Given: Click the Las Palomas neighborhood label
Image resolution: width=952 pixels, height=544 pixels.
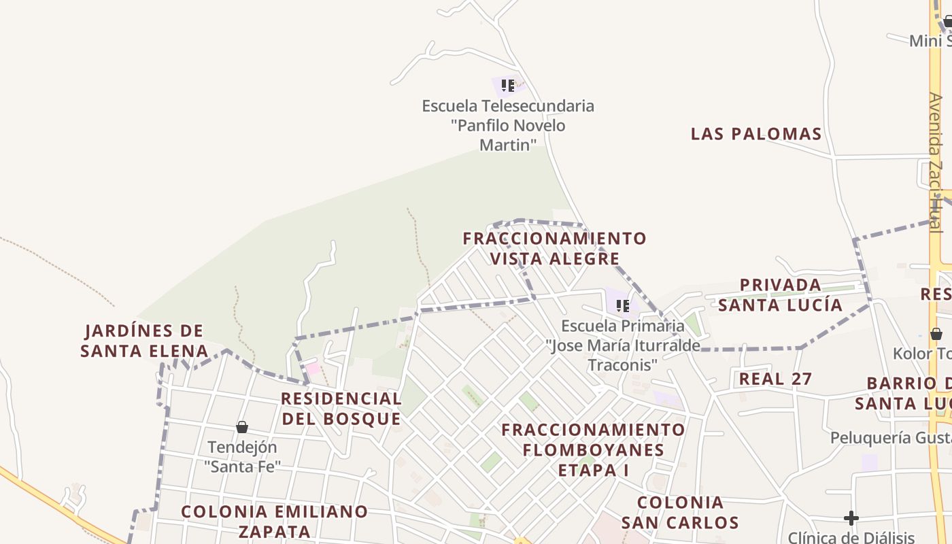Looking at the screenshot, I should [x=756, y=134].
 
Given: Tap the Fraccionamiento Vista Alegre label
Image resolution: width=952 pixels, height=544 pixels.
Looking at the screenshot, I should [x=554, y=248].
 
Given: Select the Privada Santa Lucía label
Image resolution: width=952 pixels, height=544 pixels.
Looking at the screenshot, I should [x=781, y=294].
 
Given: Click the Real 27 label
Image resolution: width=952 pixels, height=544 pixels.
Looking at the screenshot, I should [x=775, y=379].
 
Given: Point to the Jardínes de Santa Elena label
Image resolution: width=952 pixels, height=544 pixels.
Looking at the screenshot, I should [x=144, y=341].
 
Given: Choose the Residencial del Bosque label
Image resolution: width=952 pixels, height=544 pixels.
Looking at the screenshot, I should [x=341, y=408].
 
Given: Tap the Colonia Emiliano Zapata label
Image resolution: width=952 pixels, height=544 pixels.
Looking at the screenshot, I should [x=275, y=521].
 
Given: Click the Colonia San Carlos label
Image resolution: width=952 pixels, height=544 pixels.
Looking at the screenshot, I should [x=680, y=512].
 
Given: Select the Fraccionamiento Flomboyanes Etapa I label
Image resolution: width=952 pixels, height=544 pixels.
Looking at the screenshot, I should [x=593, y=449].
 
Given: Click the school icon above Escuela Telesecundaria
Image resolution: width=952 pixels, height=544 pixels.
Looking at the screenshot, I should [x=507, y=86].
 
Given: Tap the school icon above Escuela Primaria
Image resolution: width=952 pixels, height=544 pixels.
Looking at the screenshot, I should [x=622, y=306].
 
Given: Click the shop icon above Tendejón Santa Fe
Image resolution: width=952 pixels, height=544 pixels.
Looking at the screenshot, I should [x=241, y=427].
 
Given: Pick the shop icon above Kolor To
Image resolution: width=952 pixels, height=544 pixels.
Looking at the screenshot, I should [x=936, y=334].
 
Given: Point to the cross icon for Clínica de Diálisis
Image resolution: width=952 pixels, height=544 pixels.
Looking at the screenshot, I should [x=851, y=518].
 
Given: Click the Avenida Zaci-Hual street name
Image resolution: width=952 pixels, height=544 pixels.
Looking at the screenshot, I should [x=936, y=163].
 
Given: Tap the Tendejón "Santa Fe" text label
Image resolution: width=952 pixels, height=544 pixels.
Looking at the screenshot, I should [x=242, y=457].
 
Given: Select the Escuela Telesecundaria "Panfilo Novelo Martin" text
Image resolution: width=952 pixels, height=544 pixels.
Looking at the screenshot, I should [x=508, y=125].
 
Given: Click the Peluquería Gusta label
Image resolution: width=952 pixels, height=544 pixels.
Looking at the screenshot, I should [x=891, y=437].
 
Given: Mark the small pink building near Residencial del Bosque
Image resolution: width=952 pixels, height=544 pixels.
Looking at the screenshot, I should [x=312, y=369].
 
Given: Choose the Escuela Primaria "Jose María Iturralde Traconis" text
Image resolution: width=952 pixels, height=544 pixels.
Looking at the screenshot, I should [x=622, y=345].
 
